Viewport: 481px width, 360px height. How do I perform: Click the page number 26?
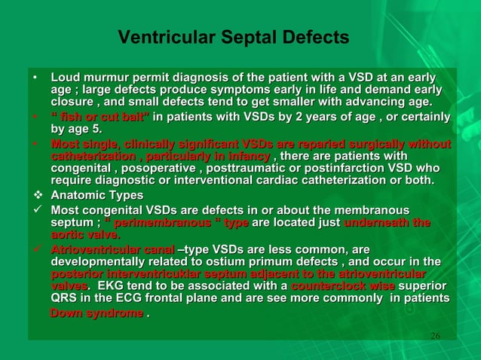coord(434,334)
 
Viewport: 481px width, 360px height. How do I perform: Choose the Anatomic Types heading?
coord(97,195)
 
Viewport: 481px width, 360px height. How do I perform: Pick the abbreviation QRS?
coord(63,299)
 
